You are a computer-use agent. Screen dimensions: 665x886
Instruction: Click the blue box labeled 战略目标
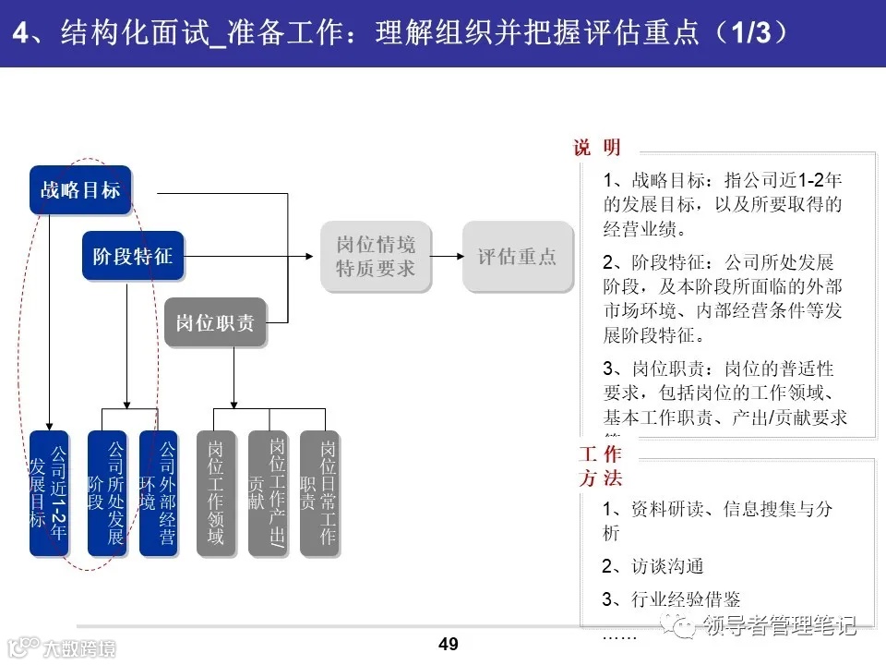(80, 190)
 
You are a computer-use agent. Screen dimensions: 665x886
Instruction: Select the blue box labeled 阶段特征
(133, 256)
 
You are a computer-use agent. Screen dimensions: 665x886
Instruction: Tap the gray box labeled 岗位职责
(215, 322)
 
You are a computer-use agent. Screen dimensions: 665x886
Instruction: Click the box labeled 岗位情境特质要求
(376, 257)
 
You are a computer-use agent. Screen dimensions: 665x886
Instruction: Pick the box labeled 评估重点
(517, 257)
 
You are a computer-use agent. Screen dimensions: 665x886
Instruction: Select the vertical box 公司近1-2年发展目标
(49, 493)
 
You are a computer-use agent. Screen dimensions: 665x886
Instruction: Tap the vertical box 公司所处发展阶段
(106, 493)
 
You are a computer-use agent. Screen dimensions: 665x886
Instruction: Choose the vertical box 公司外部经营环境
(158, 493)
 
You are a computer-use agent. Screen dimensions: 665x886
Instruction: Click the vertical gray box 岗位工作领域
(215, 493)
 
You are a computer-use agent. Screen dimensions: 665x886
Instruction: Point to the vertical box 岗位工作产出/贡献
(268, 493)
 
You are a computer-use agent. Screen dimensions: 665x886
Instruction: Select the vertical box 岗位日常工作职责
(318, 493)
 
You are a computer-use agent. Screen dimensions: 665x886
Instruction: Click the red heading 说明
(597, 148)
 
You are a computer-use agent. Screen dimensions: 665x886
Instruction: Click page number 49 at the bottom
(449, 644)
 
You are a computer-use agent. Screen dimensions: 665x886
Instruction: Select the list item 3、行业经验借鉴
(671, 599)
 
